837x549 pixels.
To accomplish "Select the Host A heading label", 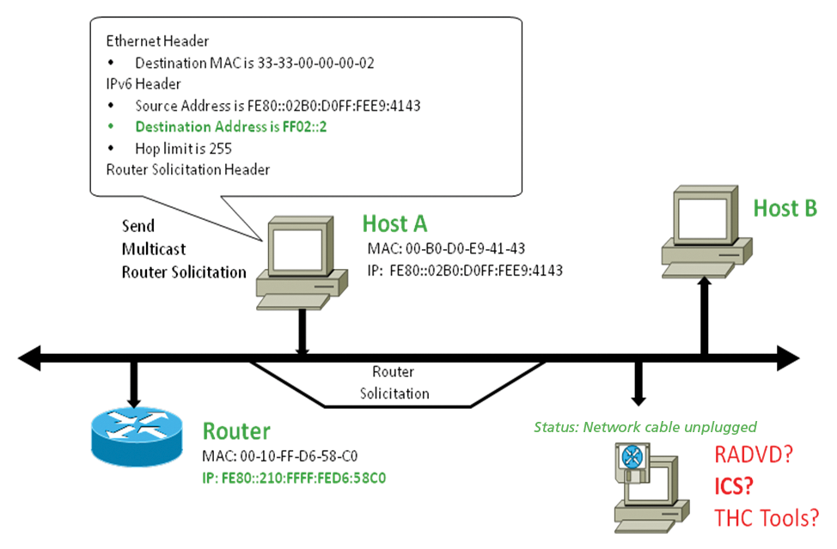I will (394, 224).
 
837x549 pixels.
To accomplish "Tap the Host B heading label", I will (785, 208).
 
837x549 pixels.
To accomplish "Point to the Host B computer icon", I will (704, 229).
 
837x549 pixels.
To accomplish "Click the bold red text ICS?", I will (734, 486).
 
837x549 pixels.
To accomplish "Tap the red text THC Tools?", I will (766, 518).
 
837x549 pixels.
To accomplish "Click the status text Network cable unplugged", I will (645, 427).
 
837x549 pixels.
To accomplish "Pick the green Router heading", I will (235, 431).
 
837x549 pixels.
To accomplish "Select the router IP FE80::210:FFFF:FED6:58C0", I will (293, 477).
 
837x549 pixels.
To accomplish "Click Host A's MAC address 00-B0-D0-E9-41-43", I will (446, 249).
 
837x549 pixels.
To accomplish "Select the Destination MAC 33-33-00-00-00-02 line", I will (254, 63).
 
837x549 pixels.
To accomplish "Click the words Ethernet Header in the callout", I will (157, 41).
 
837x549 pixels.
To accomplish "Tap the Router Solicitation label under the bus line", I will (394, 383).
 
